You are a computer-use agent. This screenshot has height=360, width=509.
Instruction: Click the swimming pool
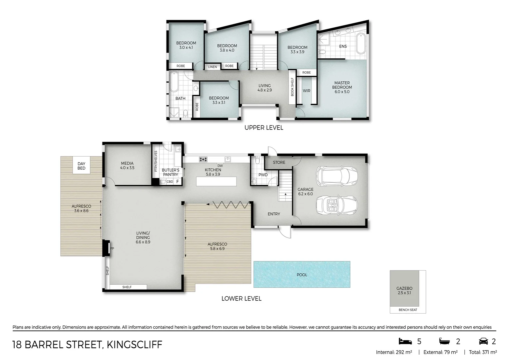tap(301, 274)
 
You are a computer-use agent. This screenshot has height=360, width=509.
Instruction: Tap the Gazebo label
tap(404, 288)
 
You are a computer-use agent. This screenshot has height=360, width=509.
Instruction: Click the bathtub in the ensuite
tap(360, 43)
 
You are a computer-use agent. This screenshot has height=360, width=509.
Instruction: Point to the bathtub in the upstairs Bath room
tap(174, 82)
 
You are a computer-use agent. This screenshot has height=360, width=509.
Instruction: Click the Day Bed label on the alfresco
tap(81, 166)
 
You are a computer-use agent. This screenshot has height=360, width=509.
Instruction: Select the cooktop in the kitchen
tap(203, 159)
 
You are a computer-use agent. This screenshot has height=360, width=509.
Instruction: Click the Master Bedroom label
tap(342, 85)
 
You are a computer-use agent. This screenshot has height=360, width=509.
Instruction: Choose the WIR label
tap(306, 91)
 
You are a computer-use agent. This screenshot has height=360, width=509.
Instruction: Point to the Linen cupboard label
tap(212, 67)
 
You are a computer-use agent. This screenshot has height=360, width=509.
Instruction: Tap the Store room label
tap(279, 162)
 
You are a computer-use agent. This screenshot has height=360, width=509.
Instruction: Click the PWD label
tap(263, 175)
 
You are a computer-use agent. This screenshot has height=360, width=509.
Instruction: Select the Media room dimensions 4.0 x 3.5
tap(127, 168)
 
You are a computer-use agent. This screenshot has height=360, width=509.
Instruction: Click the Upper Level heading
tap(263, 128)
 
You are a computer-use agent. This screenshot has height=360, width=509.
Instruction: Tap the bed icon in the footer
tap(405, 341)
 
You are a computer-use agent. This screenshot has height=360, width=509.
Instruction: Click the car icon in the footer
tap(483, 341)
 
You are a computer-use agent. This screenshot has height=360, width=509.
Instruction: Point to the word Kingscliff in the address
tap(134, 344)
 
